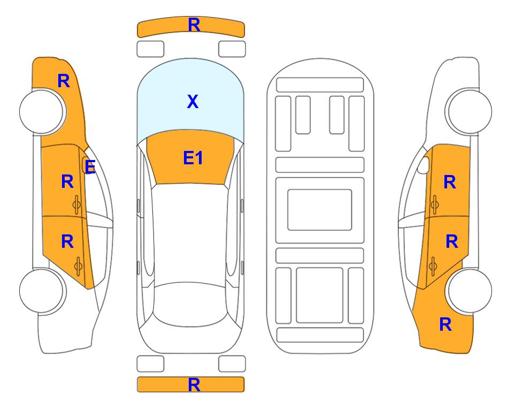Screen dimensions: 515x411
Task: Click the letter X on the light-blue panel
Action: (193, 101)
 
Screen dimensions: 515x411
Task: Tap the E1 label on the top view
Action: (193, 158)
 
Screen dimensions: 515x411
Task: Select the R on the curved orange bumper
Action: (194, 25)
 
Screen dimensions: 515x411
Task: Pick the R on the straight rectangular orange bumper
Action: (194, 385)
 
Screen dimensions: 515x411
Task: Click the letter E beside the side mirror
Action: (90, 167)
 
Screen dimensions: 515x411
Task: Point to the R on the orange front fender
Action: (64, 81)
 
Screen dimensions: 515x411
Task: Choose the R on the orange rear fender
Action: (445, 324)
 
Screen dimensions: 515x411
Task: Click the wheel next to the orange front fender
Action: (43, 111)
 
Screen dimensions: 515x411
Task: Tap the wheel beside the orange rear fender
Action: (468, 291)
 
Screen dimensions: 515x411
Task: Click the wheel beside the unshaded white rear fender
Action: (43, 291)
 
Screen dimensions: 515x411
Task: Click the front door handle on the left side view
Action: (77, 204)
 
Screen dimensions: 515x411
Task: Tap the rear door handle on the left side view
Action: (78, 266)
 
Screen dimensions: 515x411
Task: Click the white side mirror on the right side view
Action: (424, 165)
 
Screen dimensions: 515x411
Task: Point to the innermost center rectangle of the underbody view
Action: (320, 210)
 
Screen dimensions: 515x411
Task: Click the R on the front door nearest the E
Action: (67, 181)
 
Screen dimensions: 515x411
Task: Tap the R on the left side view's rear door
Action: (67, 242)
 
